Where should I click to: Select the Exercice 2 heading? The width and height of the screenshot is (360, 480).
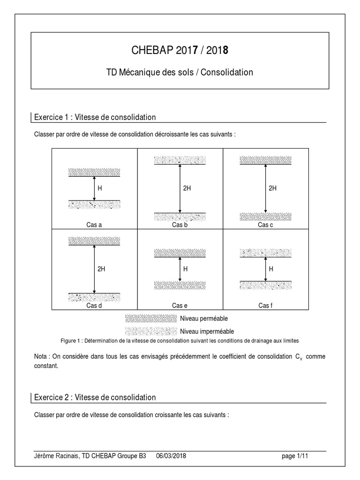(x=95, y=397)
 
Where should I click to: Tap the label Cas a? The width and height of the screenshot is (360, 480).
(x=94, y=225)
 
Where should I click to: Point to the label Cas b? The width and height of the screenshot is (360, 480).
(x=180, y=225)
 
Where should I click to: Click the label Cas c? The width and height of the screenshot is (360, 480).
(x=265, y=225)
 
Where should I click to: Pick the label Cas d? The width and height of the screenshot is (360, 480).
(x=94, y=306)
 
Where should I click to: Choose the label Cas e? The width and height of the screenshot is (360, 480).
(x=180, y=306)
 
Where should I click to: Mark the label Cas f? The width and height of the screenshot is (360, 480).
(x=265, y=306)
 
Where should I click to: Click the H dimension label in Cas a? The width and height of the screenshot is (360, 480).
(x=99, y=188)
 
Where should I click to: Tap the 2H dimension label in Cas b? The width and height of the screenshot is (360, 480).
(x=187, y=188)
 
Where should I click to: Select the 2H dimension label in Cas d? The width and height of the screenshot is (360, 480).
(x=101, y=269)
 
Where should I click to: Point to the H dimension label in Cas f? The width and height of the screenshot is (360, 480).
(x=271, y=269)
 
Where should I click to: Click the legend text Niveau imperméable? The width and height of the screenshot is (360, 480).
(x=207, y=331)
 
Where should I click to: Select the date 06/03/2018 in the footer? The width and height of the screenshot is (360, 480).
(x=171, y=456)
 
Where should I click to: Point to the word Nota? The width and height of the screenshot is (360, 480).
(x=41, y=357)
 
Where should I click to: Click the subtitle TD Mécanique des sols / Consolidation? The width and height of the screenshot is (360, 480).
(x=180, y=72)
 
